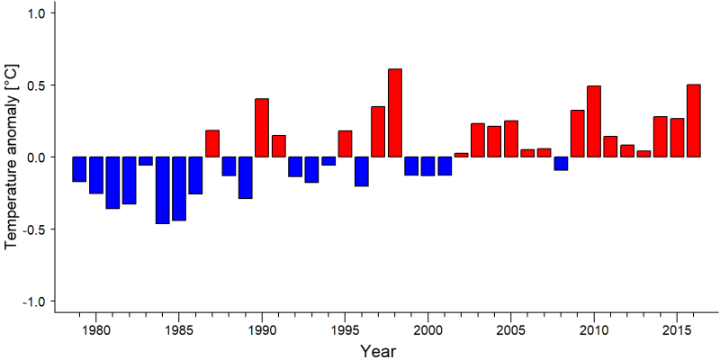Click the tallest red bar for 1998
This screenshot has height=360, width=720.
click(395, 113)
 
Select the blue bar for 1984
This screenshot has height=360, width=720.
click(163, 190)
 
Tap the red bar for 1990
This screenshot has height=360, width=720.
click(262, 128)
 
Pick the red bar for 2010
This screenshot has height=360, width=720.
click(594, 121)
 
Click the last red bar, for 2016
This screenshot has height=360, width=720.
click(694, 121)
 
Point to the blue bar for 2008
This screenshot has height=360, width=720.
click(561, 164)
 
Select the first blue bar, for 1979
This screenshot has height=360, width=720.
click(79, 169)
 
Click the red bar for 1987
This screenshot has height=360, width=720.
click(212, 144)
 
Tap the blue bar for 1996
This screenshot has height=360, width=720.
click(362, 171)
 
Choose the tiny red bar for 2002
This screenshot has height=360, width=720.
click(461, 155)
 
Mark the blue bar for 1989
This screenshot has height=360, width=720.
click(245, 177)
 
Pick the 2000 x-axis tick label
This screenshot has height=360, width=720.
click(428, 330)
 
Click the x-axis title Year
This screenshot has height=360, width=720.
click(377, 351)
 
